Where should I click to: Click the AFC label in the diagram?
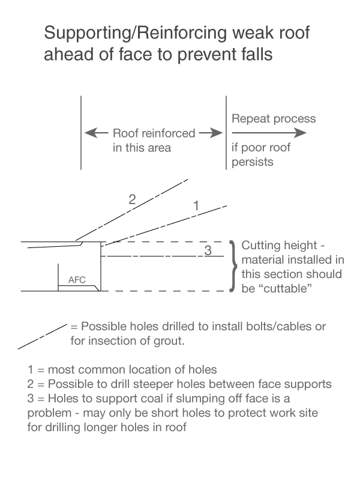(x=76, y=280)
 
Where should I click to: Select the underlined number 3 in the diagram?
(x=208, y=251)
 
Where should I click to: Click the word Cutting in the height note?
(x=259, y=247)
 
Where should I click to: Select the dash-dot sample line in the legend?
(x=42, y=336)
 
